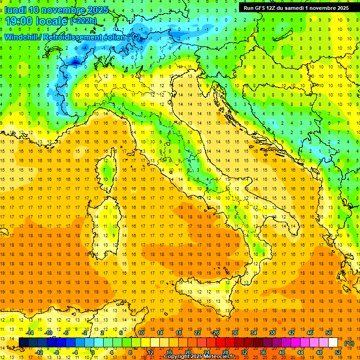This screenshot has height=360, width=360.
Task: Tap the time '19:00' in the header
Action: [20, 21]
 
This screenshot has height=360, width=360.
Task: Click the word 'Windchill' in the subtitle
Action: [22, 37]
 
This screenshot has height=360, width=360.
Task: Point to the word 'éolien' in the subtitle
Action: [114, 37]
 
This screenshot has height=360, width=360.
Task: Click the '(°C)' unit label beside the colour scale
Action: [349, 343]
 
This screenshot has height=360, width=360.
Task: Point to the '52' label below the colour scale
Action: [338, 352]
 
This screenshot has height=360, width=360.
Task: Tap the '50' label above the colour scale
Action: [328, 333]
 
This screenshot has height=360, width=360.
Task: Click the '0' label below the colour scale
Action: [93, 352]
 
